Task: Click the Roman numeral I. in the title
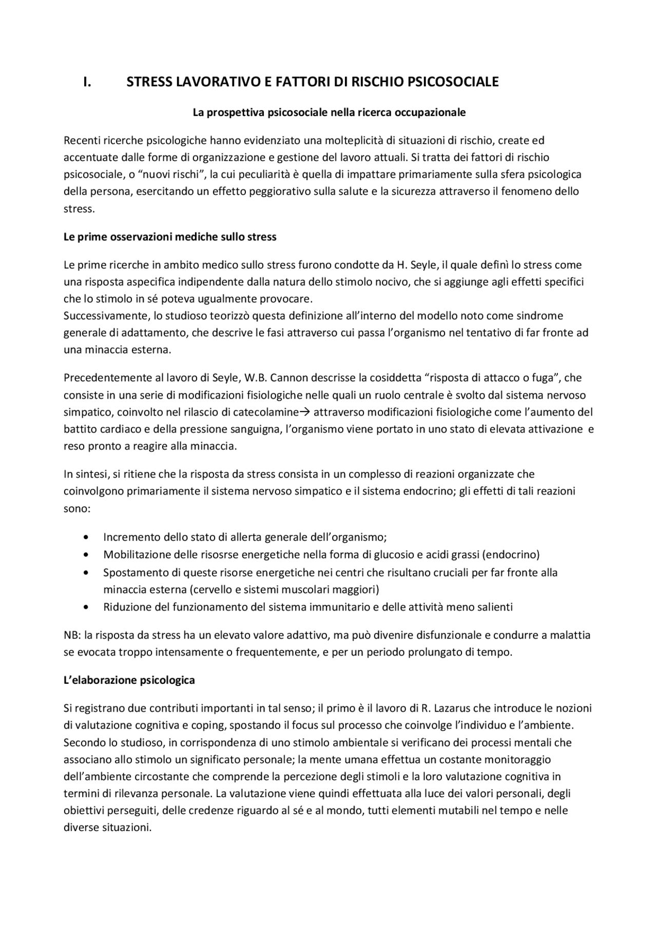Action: (x=87, y=82)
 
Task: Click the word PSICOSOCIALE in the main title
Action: (x=453, y=82)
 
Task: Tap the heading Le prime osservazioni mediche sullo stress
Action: (x=170, y=237)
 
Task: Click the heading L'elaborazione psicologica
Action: (x=129, y=680)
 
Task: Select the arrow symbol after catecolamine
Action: (x=305, y=412)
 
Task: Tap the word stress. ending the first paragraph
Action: (x=79, y=209)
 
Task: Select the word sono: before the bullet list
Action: (x=76, y=509)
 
